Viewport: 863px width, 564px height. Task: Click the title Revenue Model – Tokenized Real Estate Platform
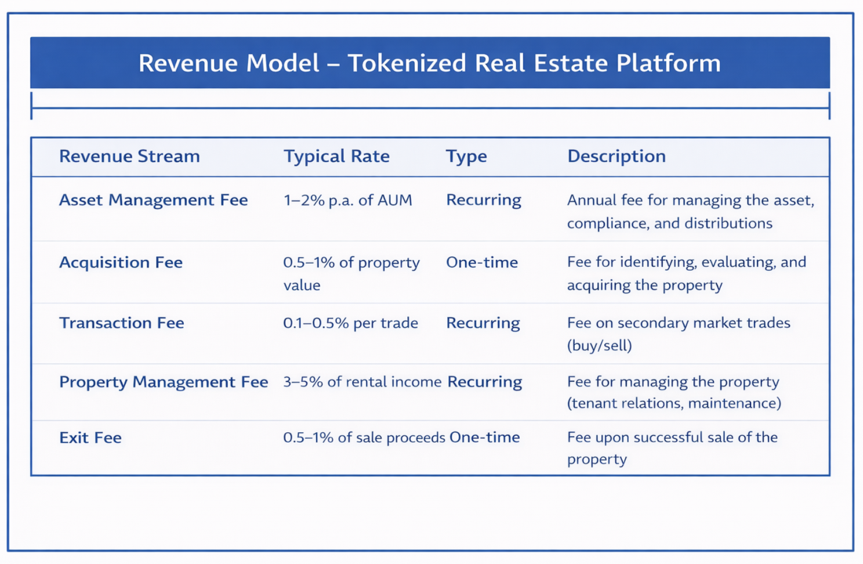[429, 63]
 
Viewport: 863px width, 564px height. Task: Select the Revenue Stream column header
[129, 156]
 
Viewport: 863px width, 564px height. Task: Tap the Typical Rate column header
[336, 156]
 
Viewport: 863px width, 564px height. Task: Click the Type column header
[466, 156]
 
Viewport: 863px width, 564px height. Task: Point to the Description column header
[617, 156]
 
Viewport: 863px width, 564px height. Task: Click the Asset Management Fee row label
[154, 200]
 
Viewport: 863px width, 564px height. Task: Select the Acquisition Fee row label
[121, 262]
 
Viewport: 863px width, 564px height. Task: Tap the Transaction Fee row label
[122, 323]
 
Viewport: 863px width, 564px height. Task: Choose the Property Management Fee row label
[164, 382]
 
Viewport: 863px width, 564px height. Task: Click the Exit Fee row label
[90, 438]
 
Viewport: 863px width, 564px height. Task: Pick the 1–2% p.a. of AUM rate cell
[348, 200]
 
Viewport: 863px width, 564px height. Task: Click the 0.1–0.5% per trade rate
[350, 323]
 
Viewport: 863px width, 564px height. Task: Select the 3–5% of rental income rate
[362, 382]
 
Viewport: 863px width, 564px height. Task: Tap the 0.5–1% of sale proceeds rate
[364, 438]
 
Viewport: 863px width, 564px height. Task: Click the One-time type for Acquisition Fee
[482, 262]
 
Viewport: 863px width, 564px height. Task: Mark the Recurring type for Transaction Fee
[483, 323]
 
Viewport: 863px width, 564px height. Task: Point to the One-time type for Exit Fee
[485, 438]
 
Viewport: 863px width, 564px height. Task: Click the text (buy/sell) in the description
[600, 346]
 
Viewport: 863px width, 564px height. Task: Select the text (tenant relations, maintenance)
[674, 403]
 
